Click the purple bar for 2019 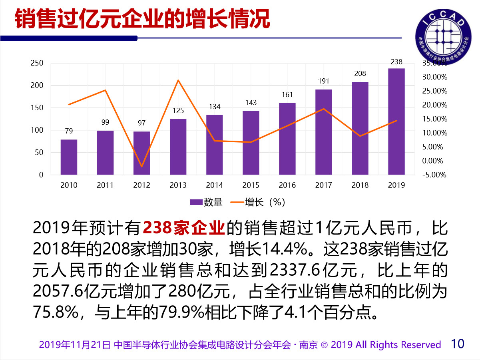click(x=396, y=121)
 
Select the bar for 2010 click(x=69, y=157)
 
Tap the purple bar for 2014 click(x=214, y=145)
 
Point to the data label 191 click(x=323, y=81)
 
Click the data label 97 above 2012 click(x=141, y=123)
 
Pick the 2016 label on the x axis click(x=287, y=185)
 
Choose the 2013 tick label click(x=178, y=185)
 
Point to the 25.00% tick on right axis click(x=434, y=91)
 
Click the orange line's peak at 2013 click(x=178, y=80)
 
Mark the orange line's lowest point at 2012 click(x=141, y=166)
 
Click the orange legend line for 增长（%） click(x=237, y=202)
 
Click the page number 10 click(x=458, y=344)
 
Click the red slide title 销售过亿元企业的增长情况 click(x=143, y=19)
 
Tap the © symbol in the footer click(x=324, y=345)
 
